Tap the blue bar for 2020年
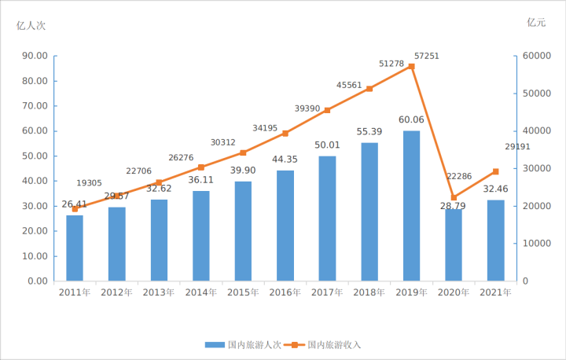click(454, 244)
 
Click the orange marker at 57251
click(411, 67)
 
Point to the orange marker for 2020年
click(454, 197)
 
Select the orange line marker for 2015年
click(243, 152)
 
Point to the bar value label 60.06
click(411, 120)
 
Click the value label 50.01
click(327, 145)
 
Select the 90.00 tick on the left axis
click(34, 56)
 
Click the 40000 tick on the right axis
click(535, 130)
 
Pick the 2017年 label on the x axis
click(327, 292)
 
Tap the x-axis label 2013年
click(159, 292)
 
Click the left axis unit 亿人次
click(31, 25)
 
